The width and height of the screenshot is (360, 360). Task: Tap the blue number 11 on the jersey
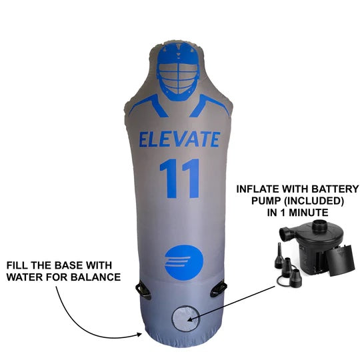180,178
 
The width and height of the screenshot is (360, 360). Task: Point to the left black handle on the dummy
143,289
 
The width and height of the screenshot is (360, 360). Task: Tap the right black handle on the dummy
217,289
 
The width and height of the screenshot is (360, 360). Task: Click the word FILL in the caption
18,265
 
